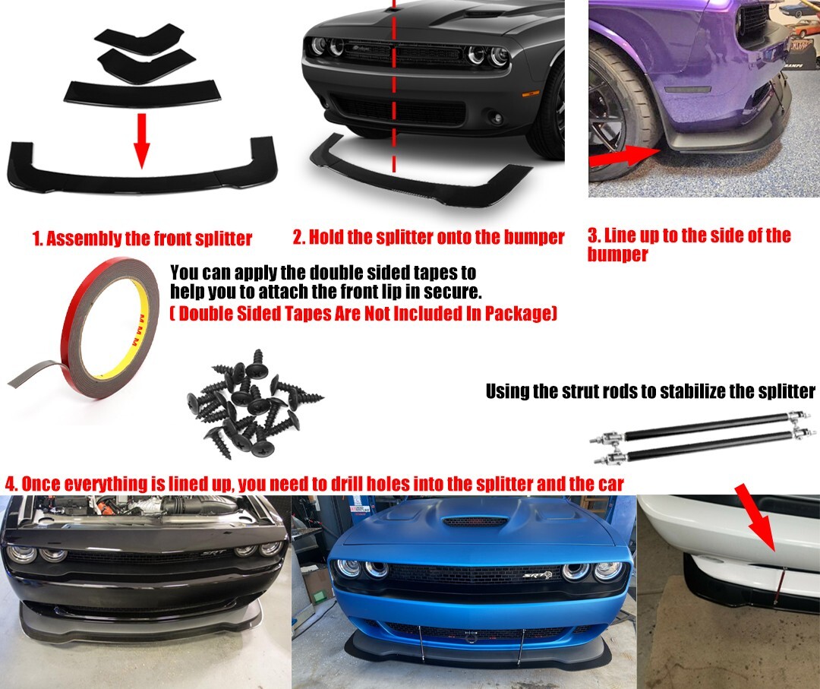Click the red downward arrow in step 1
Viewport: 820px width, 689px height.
pos(141,141)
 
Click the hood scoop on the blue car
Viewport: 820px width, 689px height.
pos(472,521)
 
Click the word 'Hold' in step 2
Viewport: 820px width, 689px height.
pos(326,237)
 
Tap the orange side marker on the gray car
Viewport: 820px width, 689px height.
pos(531,93)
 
